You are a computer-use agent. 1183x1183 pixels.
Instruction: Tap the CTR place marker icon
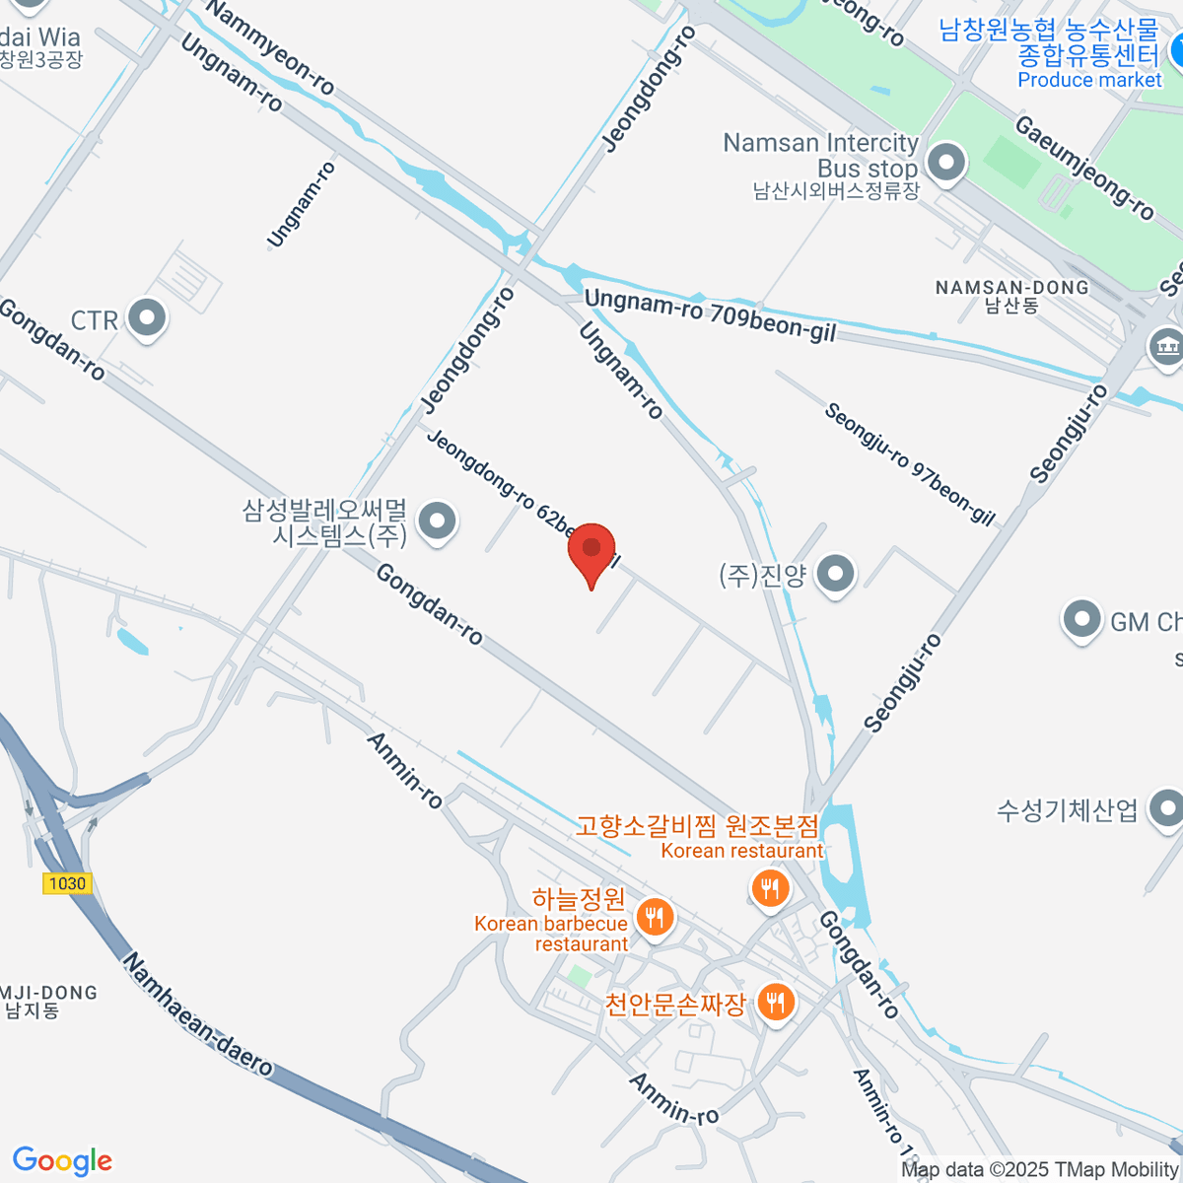pos(148,319)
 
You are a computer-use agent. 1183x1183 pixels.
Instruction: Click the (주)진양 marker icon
pos(836,574)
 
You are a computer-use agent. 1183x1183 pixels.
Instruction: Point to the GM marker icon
pos(1081,621)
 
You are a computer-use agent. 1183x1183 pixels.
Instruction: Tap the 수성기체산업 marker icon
pos(1166,808)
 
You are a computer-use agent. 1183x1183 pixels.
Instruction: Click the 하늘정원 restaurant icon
pos(654,917)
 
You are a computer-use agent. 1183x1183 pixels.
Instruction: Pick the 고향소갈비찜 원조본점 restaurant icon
pos(769,889)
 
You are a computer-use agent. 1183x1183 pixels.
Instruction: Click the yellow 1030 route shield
pos(67,883)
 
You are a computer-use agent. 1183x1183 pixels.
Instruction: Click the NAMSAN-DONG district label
pos(1011,288)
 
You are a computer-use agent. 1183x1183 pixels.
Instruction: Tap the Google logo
pos(62,1161)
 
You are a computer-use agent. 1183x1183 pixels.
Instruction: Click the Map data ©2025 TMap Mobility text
pos(1040,1170)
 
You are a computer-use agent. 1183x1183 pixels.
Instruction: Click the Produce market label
pos(1089,80)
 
